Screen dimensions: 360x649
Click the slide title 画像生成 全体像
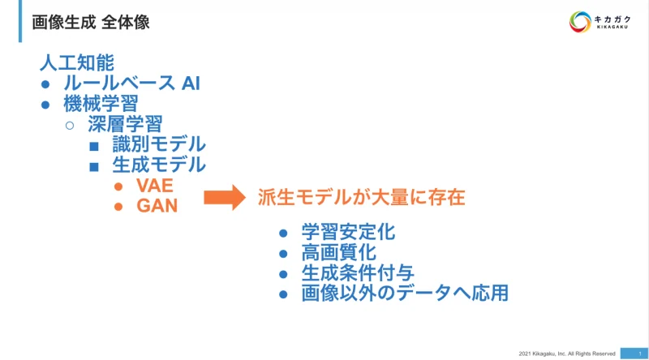90,22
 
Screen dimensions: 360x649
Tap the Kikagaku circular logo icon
580,22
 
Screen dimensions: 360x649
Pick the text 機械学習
101,103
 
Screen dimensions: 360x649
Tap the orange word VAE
155,186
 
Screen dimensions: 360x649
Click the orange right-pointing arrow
224,196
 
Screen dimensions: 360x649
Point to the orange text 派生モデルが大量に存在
361,196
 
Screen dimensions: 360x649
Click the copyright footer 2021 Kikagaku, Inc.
567,353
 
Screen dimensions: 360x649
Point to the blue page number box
634,353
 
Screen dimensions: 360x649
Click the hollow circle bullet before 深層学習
69,125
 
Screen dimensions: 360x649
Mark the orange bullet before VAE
118,186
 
